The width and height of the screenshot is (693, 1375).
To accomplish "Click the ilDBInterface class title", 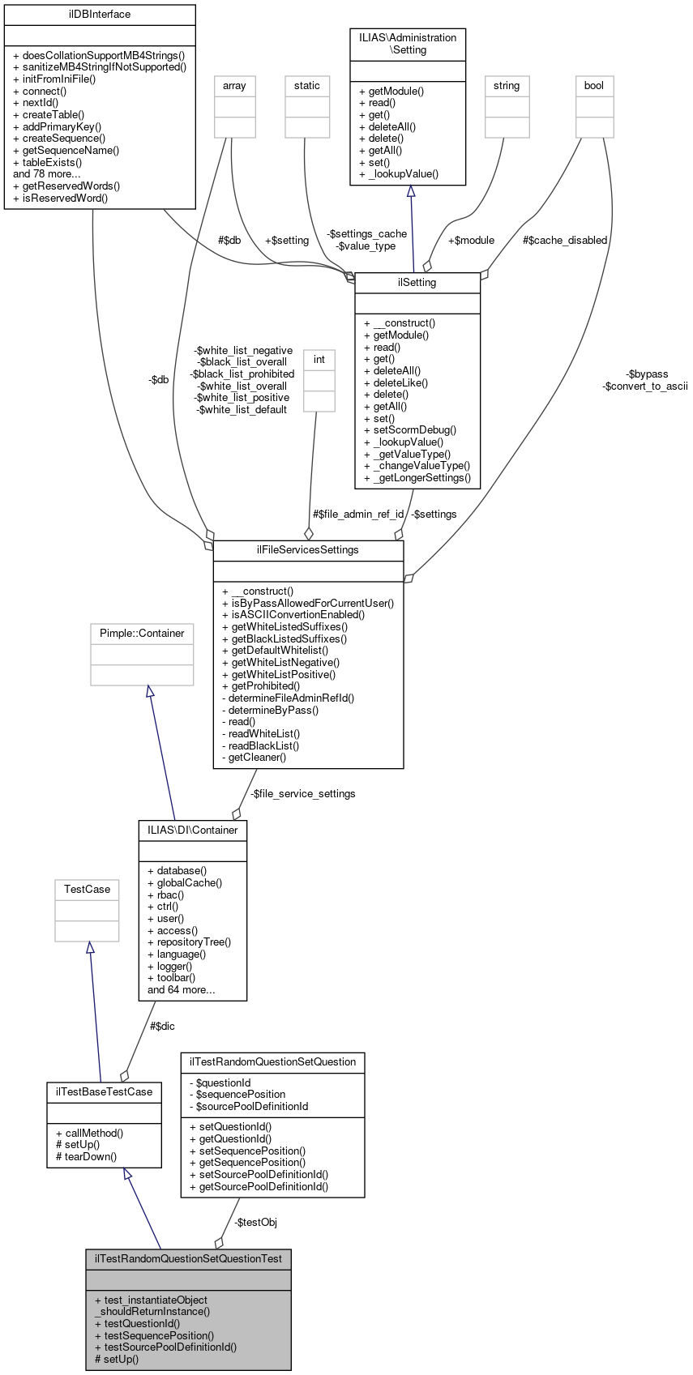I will click(x=100, y=15).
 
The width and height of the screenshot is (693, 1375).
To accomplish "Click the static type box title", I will click(x=307, y=85).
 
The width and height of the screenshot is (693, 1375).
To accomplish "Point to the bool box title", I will click(x=594, y=85).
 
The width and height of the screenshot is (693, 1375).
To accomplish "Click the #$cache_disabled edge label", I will click(x=565, y=240).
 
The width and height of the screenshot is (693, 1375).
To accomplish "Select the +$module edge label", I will click(x=471, y=240).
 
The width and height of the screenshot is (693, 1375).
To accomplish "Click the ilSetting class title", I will click(x=417, y=283).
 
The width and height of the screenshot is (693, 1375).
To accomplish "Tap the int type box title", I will click(x=319, y=359).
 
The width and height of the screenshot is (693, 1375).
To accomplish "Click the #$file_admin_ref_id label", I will click(x=358, y=514).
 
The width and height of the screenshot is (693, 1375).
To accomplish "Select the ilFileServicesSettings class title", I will click(x=308, y=549).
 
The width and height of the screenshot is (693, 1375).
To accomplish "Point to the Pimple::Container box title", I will click(x=142, y=633).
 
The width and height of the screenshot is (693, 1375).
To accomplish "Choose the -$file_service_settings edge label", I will click(x=302, y=793).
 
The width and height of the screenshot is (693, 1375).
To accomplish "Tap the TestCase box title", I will click(x=87, y=889).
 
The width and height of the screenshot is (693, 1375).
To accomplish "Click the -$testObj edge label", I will click(x=255, y=1222).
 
